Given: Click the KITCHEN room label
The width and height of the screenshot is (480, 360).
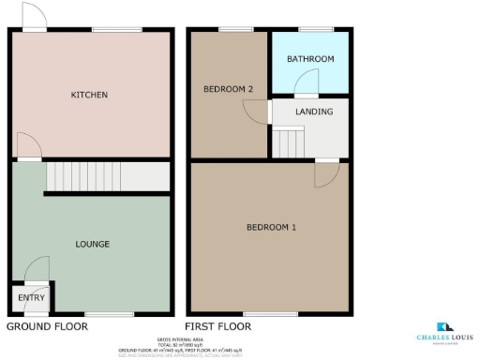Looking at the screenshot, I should click(x=90, y=95).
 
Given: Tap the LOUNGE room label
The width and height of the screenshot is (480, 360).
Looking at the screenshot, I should click(x=92, y=244).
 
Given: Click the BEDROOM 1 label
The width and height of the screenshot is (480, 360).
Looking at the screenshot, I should click(x=271, y=228).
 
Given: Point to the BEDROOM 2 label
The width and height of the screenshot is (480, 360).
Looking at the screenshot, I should click(x=229, y=89).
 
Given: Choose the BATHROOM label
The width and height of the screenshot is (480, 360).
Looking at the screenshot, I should click(x=310, y=59).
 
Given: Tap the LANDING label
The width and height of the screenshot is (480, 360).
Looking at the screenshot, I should click(x=313, y=112).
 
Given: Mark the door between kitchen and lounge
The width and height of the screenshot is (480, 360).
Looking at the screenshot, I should click(x=28, y=147).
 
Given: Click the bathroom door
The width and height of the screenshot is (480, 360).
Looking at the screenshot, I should click(x=307, y=88).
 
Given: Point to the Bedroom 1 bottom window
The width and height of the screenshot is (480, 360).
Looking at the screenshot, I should click(x=263, y=314).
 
